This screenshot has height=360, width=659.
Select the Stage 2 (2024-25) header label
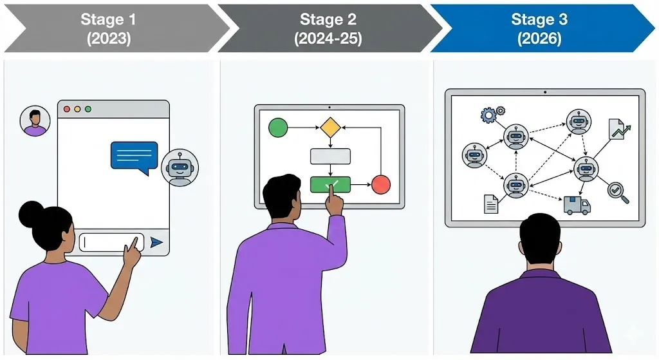[x=328, y=28]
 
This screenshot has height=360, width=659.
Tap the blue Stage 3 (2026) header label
[x=539, y=28]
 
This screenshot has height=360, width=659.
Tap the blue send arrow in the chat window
[x=156, y=242]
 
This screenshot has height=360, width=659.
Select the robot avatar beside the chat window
[x=180, y=168]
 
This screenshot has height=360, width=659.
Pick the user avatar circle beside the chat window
[x=35, y=121]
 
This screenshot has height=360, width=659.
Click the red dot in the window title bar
[x=66, y=109]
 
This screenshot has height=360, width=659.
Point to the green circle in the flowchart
[x=278, y=128]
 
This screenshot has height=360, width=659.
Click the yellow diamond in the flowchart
[x=330, y=128]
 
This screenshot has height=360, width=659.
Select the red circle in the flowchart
[x=381, y=185]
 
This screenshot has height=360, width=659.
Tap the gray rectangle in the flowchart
[x=330, y=156]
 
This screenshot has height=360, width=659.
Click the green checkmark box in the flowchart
[x=330, y=185]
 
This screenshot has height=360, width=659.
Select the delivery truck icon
[x=577, y=205]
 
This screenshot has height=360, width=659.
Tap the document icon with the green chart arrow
[x=618, y=129]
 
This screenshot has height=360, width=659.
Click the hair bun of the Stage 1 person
[x=30, y=214]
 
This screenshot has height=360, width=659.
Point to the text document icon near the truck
[x=491, y=204]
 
